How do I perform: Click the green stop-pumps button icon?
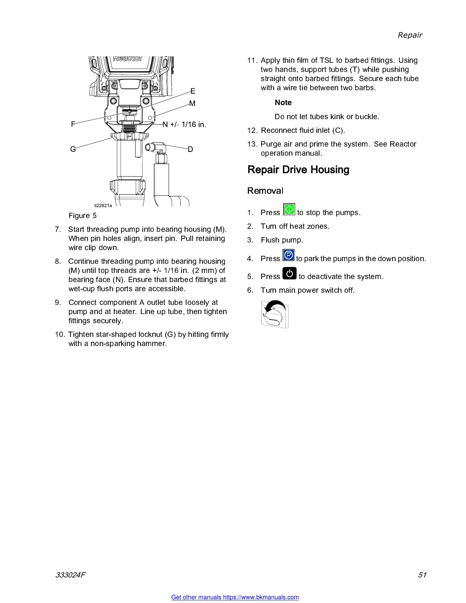(289, 209)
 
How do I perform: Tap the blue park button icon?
(288, 255)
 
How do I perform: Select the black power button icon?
(289, 273)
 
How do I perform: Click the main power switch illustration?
(275, 314)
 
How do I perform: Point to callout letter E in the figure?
(193, 91)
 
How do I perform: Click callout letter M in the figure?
(192, 104)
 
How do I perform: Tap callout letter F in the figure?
(73, 124)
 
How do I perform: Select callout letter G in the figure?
(73, 149)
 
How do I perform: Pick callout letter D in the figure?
(190, 149)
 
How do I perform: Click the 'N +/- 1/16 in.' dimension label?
(184, 124)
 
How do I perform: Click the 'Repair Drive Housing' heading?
(298, 169)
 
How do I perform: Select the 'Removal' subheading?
(265, 191)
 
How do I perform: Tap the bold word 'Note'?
(283, 102)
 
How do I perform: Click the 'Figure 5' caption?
(83, 216)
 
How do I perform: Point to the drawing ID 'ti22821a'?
(103, 206)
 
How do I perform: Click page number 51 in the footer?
(422, 575)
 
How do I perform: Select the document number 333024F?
(70, 575)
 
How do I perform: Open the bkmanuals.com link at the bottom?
(235, 597)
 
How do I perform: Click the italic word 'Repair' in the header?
(410, 35)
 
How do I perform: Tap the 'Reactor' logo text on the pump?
(128, 58)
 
